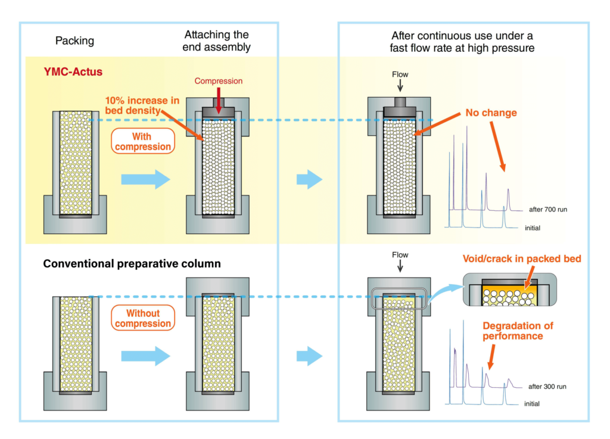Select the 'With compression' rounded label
click(x=142, y=142)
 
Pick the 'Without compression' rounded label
click(x=143, y=319)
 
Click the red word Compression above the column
click(x=218, y=81)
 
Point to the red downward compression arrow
click(x=218, y=102)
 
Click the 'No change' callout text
click(x=490, y=113)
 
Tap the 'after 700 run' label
click(x=547, y=210)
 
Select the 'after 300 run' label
click(x=547, y=387)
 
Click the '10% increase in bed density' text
click(x=142, y=105)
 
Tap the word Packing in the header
click(x=74, y=41)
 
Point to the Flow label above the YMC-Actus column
click(x=400, y=76)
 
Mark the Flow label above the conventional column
click(x=400, y=255)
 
